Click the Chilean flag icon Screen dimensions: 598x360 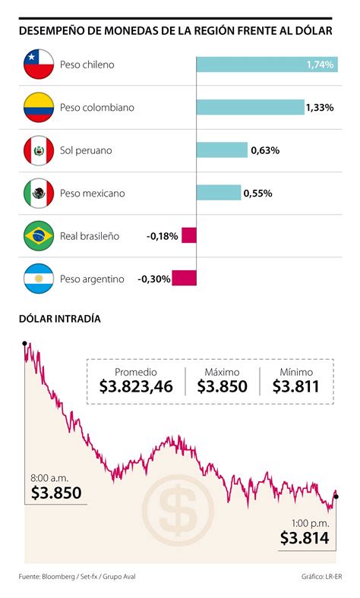click(x=38, y=65)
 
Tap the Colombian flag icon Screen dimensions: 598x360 click(x=38, y=108)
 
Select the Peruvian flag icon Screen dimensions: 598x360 click(x=38, y=150)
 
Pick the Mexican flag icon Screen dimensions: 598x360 click(x=38, y=194)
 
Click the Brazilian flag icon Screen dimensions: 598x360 click(x=38, y=236)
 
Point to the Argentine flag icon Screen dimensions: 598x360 click(x=38, y=279)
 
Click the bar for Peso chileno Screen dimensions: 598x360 click(x=267, y=65)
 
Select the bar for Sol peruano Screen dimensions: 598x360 click(x=222, y=150)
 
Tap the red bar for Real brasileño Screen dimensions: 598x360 click(x=189, y=236)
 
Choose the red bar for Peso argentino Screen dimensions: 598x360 click(x=185, y=279)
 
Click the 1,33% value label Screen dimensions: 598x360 click(x=319, y=108)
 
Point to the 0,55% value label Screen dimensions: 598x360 click(x=257, y=194)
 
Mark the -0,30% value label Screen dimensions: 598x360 click(x=153, y=279)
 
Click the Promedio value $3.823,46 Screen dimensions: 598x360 click(x=136, y=386)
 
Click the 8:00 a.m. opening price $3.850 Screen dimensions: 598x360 click(x=56, y=493)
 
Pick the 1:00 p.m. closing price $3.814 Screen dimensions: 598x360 click(x=304, y=538)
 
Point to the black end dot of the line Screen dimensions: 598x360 click(x=336, y=496)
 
